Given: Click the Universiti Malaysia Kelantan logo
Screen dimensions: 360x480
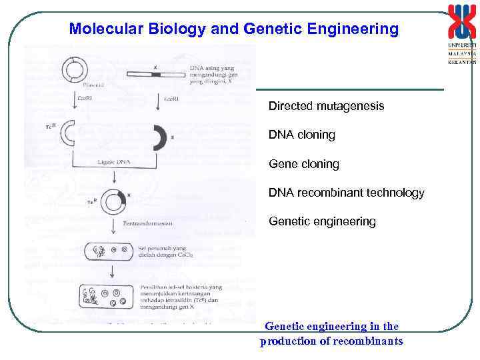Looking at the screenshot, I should (462, 33).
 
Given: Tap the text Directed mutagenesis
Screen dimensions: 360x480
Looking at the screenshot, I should (326, 106).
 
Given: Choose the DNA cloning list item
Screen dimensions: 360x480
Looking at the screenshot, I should (301, 135).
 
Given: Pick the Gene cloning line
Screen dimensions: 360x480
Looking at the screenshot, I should (303, 163).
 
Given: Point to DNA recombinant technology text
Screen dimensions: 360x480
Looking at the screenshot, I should (346, 193).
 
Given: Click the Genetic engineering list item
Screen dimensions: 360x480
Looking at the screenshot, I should (322, 221).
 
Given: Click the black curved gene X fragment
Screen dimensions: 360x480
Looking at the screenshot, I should (159, 137).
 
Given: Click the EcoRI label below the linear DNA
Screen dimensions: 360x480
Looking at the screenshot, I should (170, 98).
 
